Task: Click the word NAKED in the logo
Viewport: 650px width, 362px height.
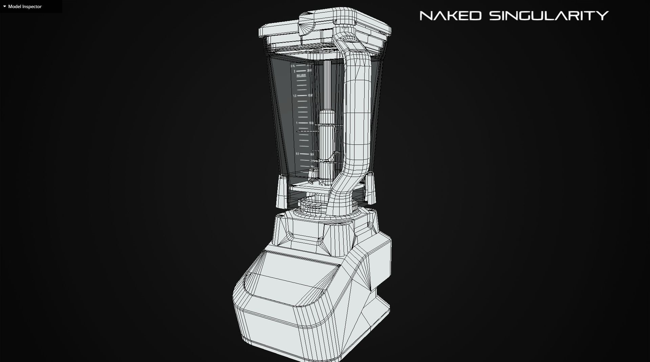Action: [x=450, y=16]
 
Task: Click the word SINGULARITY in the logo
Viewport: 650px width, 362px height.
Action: [x=549, y=16]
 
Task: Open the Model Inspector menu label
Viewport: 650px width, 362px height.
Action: [x=25, y=6]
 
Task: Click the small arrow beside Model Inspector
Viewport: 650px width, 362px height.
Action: [x=4, y=6]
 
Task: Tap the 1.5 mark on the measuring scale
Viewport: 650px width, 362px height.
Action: [x=295, y=96]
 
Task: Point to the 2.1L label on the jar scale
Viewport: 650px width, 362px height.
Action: [x=293, y=66]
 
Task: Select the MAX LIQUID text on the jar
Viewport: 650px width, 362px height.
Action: [x=301, y=75]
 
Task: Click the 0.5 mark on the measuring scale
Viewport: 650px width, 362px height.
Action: [x=297, y=154]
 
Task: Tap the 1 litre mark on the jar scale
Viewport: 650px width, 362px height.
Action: [x=297, y=123]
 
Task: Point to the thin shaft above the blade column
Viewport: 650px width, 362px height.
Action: [x=327, y=85]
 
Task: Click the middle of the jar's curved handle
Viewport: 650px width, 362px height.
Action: [x=357, y=112]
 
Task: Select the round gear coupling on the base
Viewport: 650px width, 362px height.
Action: [x=310, y=206]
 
